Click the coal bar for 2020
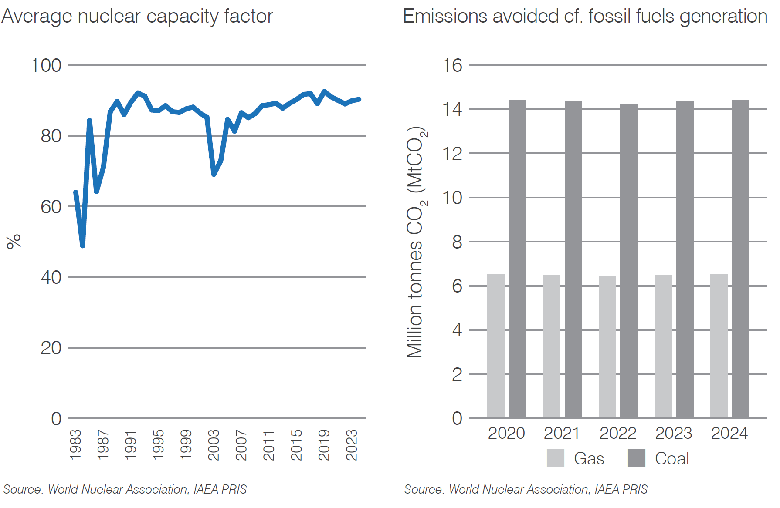tap(517, 259)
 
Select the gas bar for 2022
tap(607, 347)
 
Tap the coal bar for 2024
tap(740, 259)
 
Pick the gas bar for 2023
tap(663, 347)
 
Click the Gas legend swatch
tap(555, 458)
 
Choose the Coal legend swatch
tap(636, 458)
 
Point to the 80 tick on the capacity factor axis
tap(51, 136)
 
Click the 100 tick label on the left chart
tap(46, 66)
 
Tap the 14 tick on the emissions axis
tap(452, 109)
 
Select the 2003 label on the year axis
tap(214, 444)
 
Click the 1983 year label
tap(75, 444)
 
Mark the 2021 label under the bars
tap(562, 433)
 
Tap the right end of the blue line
tap(359, 99)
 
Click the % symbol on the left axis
tap(14, 241)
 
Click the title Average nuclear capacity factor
tap(137, 17)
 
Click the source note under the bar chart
tap(526, 489)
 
